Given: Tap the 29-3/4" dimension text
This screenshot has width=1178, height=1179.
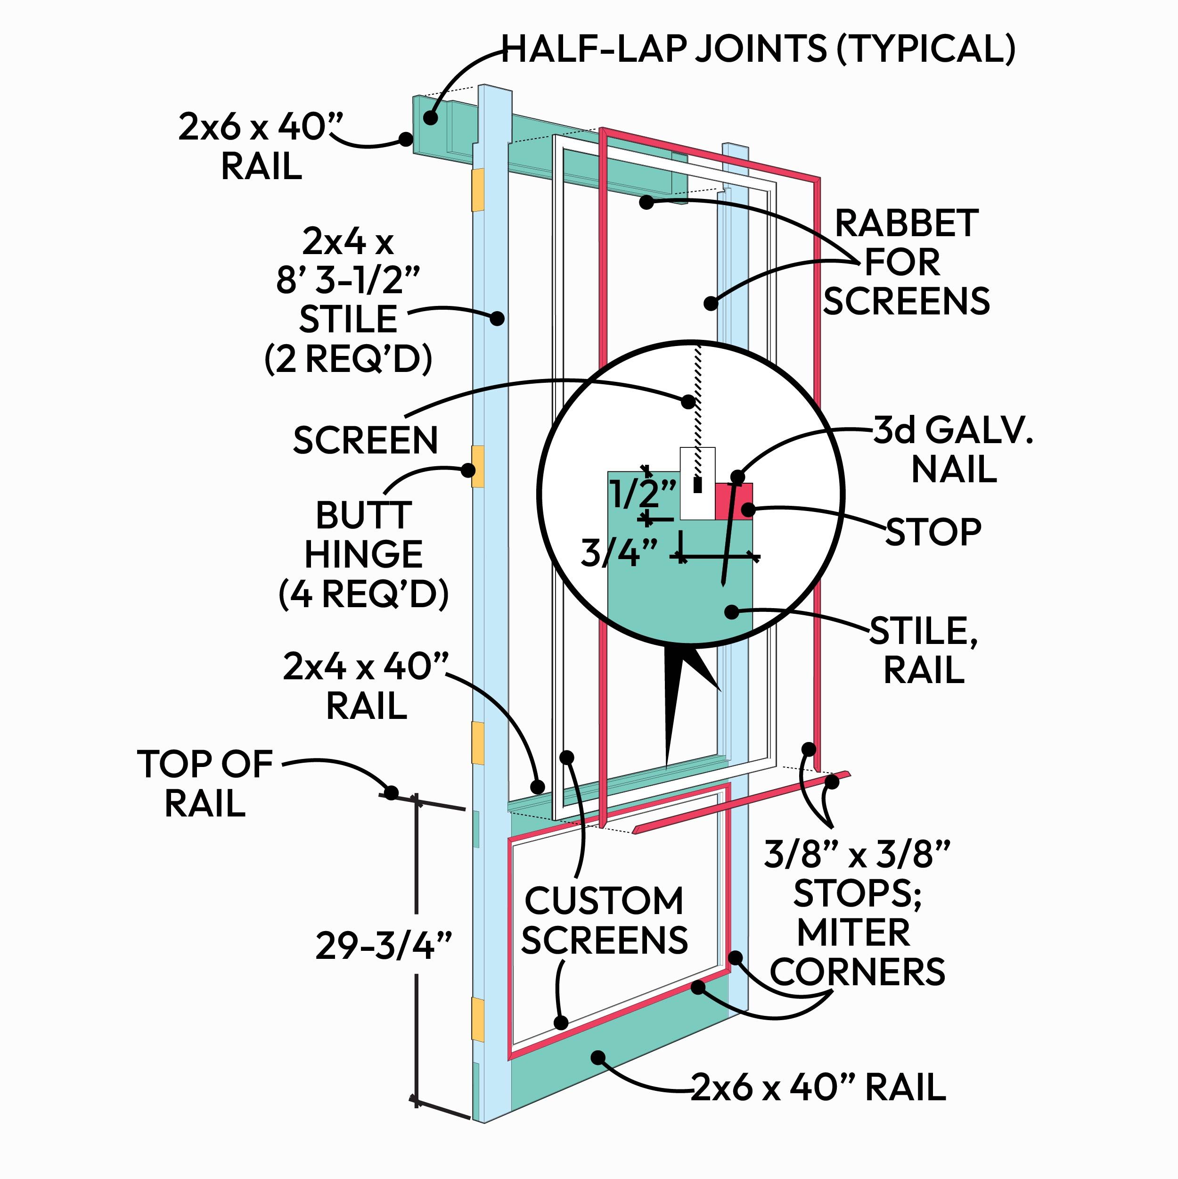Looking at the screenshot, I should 384,945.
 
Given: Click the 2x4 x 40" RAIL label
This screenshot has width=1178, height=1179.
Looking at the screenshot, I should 366,686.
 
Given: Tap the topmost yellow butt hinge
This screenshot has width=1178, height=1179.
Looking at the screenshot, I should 478,190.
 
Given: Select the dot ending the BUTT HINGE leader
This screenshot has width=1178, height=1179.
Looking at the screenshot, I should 468,470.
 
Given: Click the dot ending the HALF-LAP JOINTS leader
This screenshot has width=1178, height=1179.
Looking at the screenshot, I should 431,117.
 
